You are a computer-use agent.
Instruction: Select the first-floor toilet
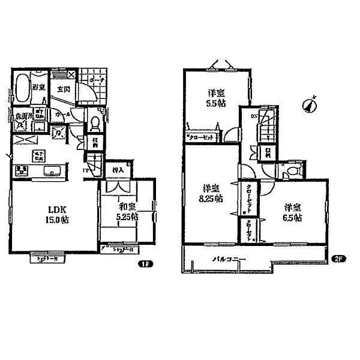tap(95, 124)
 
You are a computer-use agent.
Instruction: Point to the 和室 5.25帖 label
tap(125, 212)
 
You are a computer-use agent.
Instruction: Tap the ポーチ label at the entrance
tap(98, 79)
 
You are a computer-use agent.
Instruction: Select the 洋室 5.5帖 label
tap(217, 98)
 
